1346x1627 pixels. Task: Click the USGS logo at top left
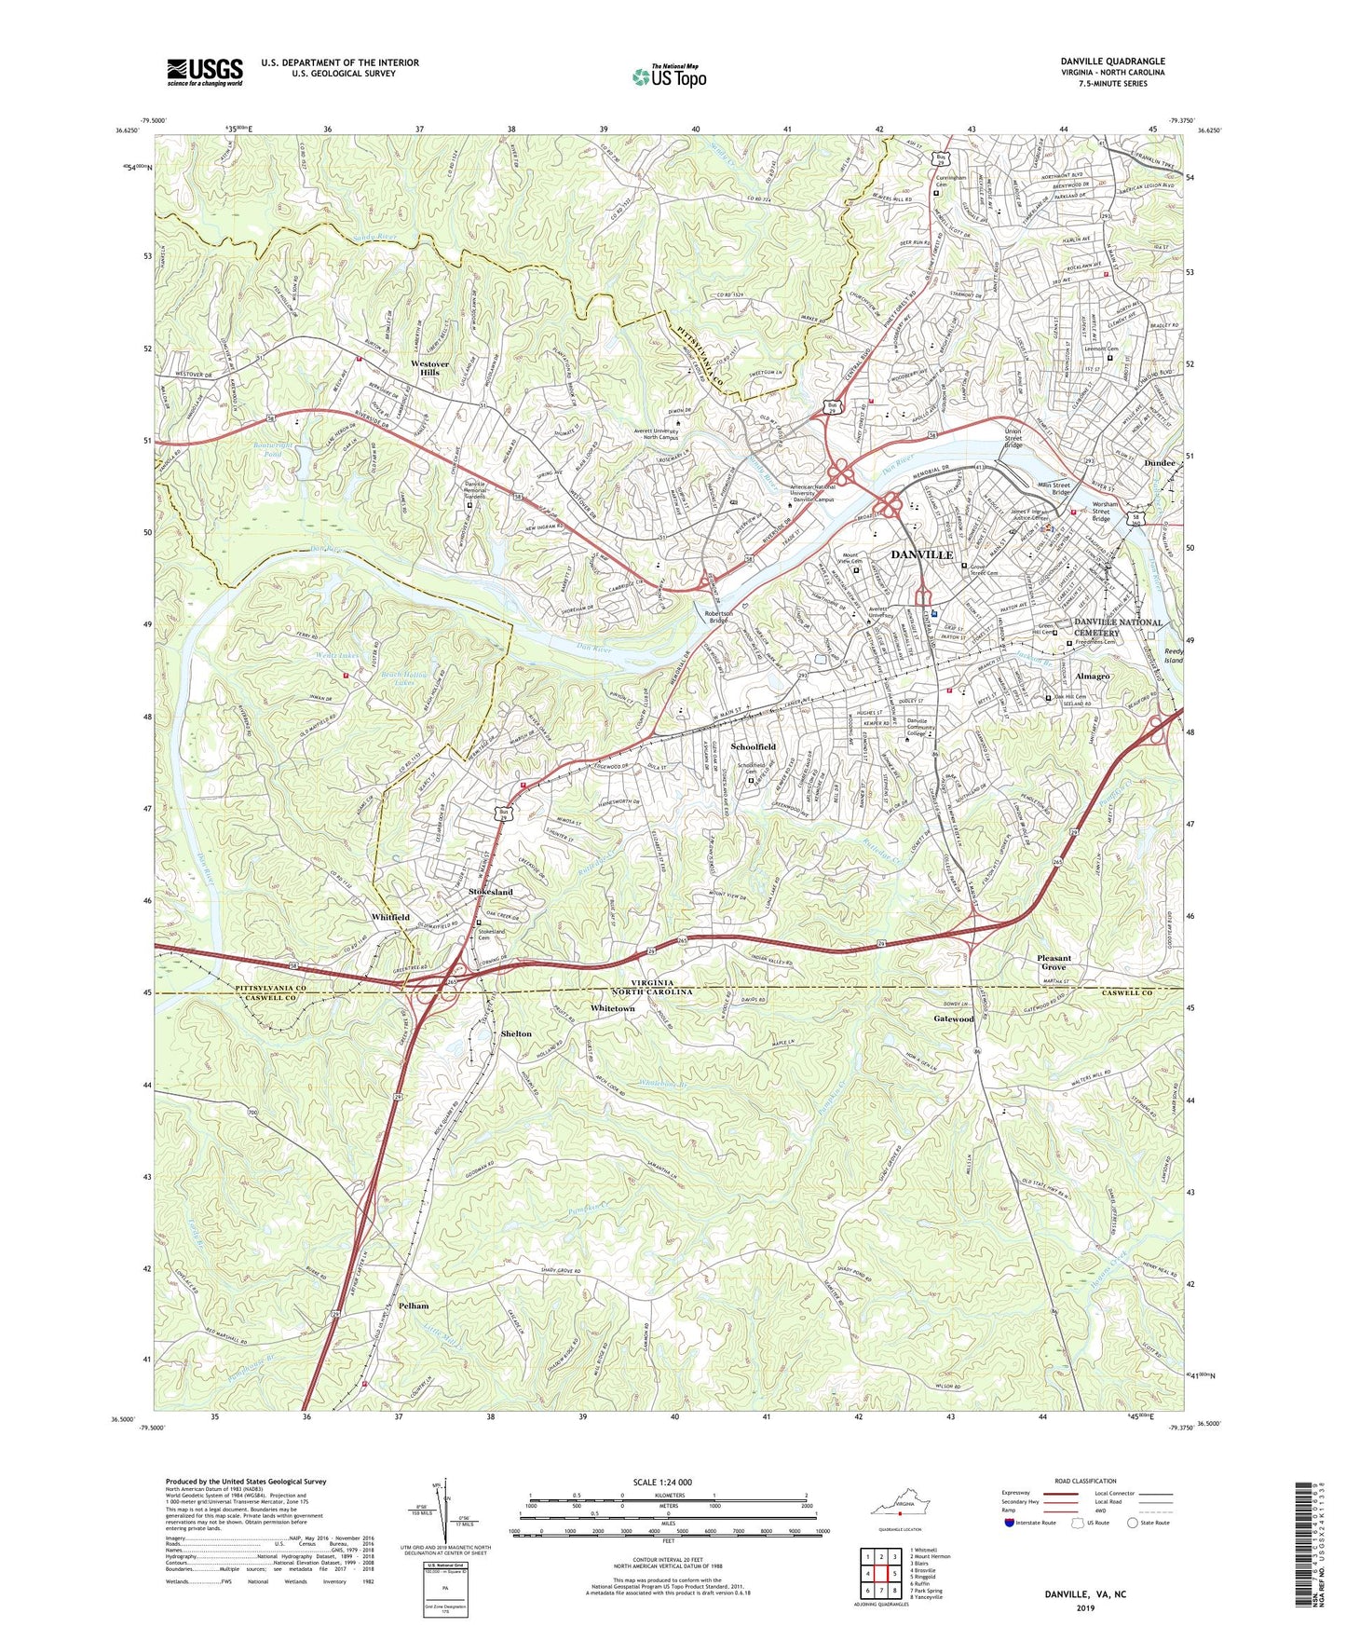(x=204, y=71)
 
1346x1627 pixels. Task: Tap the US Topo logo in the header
(x=668, y=76)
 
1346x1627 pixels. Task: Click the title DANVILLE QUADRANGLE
(x=1112, y=62)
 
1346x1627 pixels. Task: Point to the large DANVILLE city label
(x=921, y=554)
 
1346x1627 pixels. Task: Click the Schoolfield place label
(x=753, y=747)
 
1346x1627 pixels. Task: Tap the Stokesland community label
(x=490, y=892)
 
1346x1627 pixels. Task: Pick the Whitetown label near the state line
(x=612, y=1008)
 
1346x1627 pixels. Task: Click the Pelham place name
(x=414, y=1306)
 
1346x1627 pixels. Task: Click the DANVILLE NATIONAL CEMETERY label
(x=1118, y=627)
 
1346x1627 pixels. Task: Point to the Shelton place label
(x=516, y=1033)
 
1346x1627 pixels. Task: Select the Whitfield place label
(x=390, y=917)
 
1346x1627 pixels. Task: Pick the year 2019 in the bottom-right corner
(x=1085, y=1607)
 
